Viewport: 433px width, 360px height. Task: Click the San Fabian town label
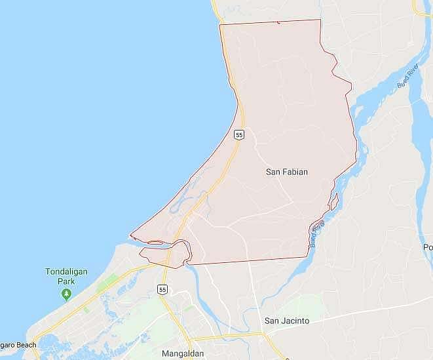286,172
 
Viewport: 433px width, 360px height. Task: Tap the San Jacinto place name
286,321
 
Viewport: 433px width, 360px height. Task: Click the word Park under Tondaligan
66,281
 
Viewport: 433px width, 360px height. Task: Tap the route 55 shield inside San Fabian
239,134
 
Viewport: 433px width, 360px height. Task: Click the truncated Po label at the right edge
428,247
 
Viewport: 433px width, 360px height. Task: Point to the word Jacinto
295,321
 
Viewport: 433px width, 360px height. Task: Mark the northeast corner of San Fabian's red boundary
320,20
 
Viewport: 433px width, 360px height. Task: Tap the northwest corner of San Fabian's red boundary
220,25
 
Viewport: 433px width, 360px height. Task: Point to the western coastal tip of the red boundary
131,235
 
